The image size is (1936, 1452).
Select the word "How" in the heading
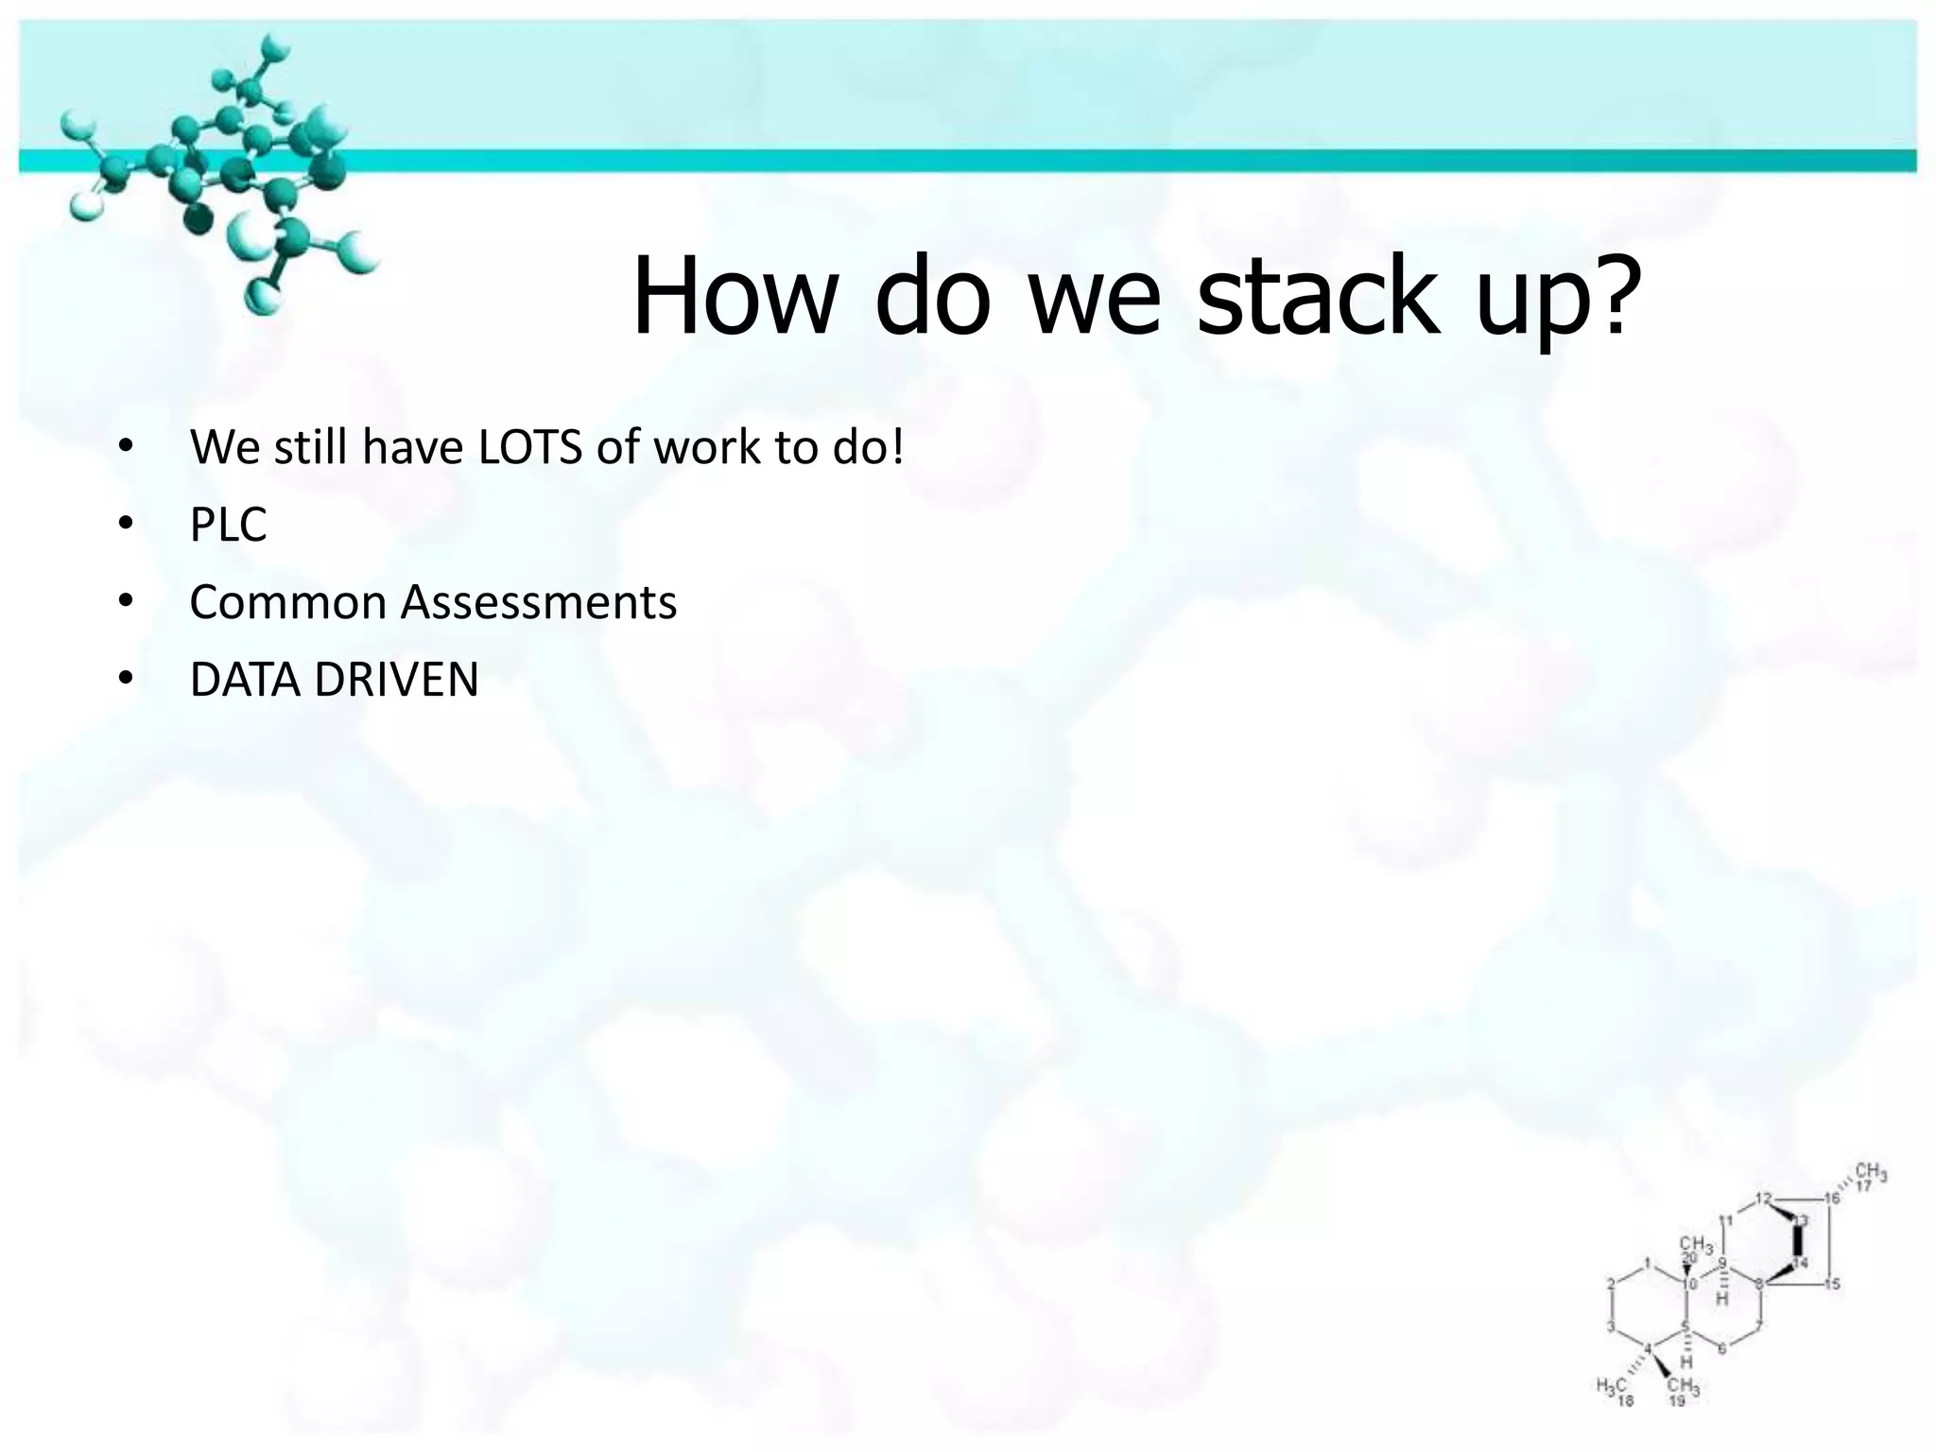pyautogui.click(x=733, y=295)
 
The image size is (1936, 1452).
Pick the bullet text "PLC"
pyautogui.click(x=228, y=525)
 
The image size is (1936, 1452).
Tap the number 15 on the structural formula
pyautogui.click(x=1832, y=1284)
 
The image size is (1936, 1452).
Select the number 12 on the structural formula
pyautogui.click(x=1763, y=1199)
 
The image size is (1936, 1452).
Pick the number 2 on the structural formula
pyautogui.click(x=1612, y=1284)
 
